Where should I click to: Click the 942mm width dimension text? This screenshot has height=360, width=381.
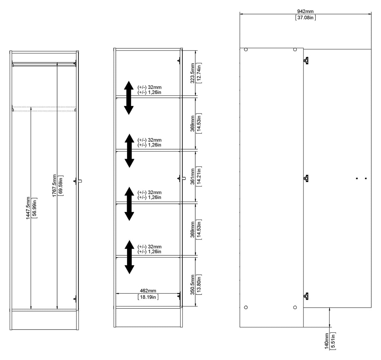[x=305, y=12]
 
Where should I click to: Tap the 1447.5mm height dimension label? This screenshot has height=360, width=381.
[x=28, y=208]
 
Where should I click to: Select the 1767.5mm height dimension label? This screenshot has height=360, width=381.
[x=55, y=186]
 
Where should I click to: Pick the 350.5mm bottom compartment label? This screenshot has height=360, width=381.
[x=192, y=284]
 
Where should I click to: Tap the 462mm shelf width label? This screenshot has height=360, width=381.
[x=148, y=291]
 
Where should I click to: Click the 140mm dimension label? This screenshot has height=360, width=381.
[x=327, y=341]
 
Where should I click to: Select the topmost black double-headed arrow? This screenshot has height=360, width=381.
[x=129, y=98]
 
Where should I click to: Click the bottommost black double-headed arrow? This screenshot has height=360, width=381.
[x=129, y=257]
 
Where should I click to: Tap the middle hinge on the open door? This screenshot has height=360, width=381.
[x=306, y=178]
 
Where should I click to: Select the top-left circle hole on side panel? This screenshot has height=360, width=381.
[x=246, y=50]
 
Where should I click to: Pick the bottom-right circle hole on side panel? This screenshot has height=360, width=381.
[x=295, y=307]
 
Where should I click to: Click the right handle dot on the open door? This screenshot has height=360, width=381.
[x=366, y=178]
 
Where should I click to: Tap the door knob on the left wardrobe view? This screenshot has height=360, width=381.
[x=80, y=181]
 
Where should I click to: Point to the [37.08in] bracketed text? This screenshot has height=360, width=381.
[x=305, y=18]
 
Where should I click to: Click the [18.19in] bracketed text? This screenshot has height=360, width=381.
[x=148, y=297]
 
